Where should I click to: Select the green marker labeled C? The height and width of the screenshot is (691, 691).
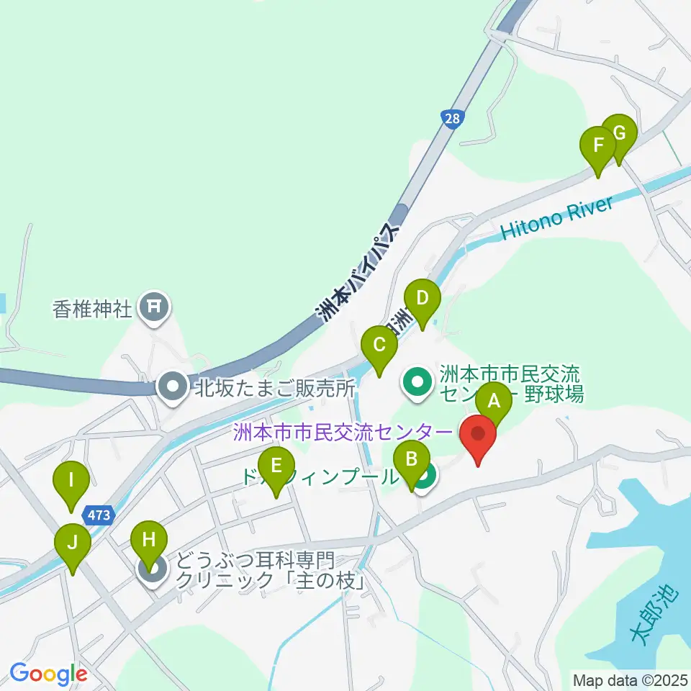click(379, 346)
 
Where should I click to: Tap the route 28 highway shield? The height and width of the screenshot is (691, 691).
click(451, 119)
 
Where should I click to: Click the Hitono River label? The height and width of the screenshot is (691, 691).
click(557, 219)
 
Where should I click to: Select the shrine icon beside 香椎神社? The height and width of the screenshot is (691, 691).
click(153, 307)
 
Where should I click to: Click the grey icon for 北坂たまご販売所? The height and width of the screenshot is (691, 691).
click(173, 388)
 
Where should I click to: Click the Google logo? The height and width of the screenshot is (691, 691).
click(48, 674)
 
